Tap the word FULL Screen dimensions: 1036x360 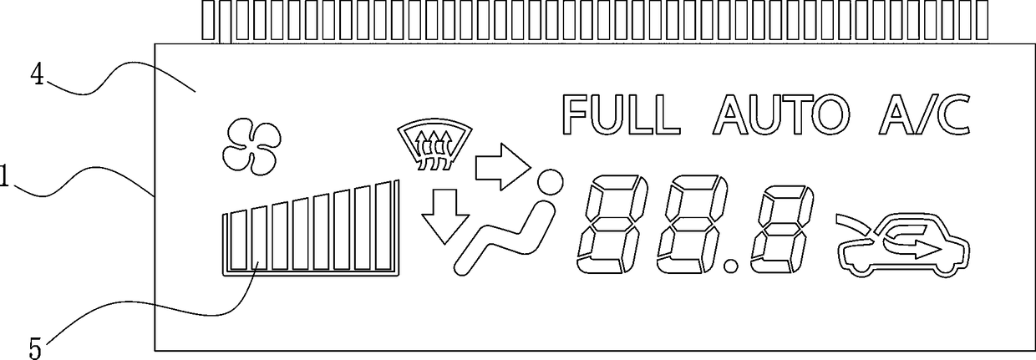[x=618, y=115]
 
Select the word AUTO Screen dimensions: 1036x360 [x=782, y=115]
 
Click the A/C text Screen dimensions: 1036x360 [x=924, y=115]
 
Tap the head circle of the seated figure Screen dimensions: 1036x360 [x=549, y=181]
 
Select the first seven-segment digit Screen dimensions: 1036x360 [x=606, y=225]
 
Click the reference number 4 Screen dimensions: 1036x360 [x=38, y=75]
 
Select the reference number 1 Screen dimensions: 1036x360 [x=4, y=176]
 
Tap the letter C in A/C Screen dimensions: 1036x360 [x=952, y=115]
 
